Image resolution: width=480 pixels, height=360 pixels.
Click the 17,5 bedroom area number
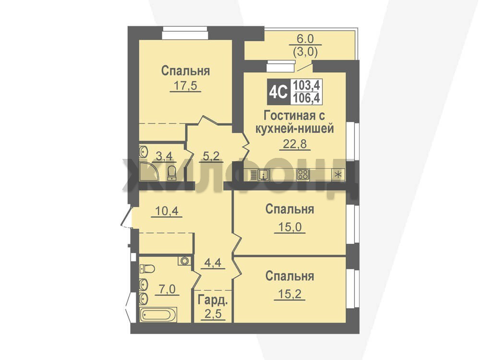pos(185,86)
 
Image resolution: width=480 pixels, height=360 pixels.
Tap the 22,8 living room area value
pos(295,144)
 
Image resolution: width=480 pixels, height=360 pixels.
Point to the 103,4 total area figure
pos(306,85)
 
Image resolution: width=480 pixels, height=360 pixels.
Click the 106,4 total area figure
pos(306,98)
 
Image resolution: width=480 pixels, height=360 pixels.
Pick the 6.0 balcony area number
pos(305,39)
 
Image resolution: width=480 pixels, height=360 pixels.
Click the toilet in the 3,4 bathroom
pos(172,173)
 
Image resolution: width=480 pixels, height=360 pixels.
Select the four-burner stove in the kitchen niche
pos(303,175)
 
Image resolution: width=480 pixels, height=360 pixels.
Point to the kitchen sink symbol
pos(260,175)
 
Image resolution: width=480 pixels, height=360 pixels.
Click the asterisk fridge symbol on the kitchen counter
pos(338,175)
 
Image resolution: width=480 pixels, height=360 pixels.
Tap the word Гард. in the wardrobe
pos(213,300)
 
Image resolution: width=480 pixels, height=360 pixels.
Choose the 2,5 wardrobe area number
pos(213,314)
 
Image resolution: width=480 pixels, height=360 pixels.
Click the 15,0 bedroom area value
pos(289,227)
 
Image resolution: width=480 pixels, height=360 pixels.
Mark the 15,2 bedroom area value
pos(289,294)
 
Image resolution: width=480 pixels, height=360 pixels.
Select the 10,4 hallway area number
pos(167,211)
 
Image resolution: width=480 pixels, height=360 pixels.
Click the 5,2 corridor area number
pos(211,156)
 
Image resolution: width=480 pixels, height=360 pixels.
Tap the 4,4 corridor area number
pos(213,263)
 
